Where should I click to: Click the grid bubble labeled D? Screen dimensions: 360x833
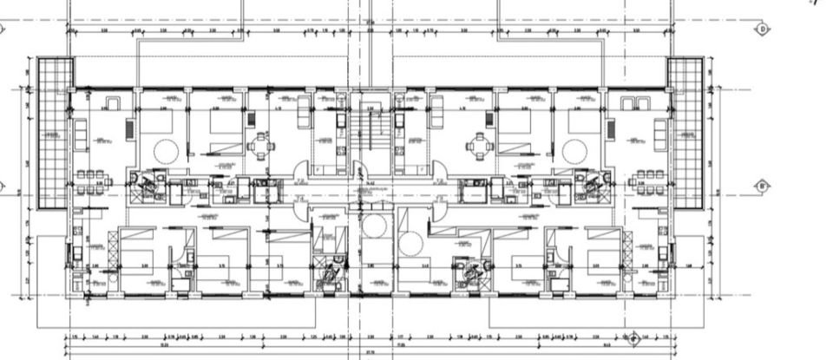point(763,29)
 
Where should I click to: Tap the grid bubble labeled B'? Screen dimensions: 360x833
point(763,186)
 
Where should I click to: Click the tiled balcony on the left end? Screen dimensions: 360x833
point(53,134)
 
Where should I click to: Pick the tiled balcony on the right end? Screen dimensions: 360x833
point(688,134)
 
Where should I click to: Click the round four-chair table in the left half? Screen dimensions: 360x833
point(260,145)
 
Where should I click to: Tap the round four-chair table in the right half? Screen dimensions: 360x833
point(478,145)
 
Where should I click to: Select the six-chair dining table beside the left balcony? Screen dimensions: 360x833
point(89,182)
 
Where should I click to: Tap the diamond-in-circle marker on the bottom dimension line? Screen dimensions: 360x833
point(634,337)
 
